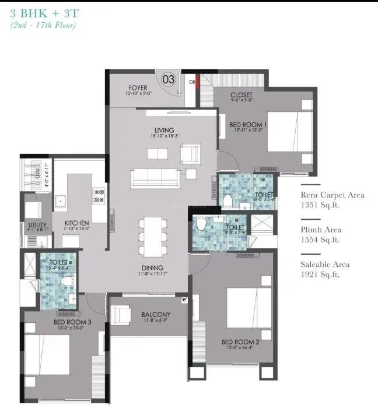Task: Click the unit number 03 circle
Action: tap(168, 78)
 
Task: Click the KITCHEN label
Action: tap(76, 223)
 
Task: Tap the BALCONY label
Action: tap(156, 315)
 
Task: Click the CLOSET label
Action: tap(241, 95)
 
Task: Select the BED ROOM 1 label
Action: tap(248, 125)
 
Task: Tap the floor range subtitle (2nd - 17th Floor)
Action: tap(43, 25)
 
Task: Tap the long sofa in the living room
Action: tap(155, 177)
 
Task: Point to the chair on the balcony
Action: tap(121, 315)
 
